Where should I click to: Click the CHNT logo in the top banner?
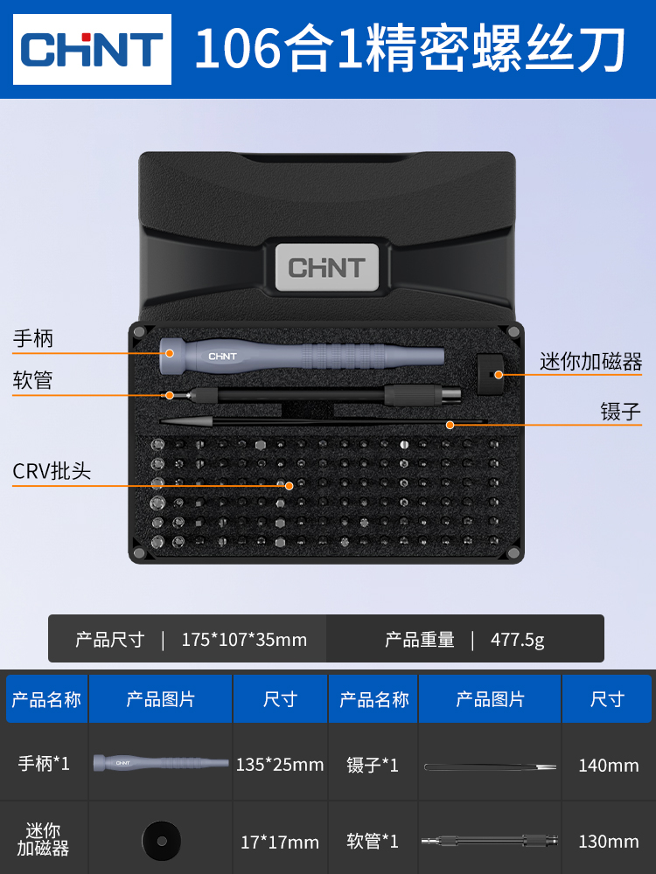(92, 50)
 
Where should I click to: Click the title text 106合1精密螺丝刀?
(409, 50)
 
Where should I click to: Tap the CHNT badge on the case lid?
(327, 267)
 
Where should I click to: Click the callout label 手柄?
(33, 338)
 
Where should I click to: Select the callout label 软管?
(33, 381)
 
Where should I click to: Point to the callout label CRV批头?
(52, 471)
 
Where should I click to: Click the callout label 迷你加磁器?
(590, 361)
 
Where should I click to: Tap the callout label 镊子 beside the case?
(620, 412)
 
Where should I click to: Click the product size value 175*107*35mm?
(244, 640)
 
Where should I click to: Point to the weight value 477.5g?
(517, 640)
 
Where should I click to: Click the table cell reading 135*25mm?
(280, 765)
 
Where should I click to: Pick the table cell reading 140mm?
(608, 766)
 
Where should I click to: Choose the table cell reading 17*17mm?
(280, 843)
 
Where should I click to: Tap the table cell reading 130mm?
(608, 843)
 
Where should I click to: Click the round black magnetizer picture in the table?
(162, 840)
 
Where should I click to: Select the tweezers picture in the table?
(490, 767)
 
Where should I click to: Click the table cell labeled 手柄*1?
(44, 764)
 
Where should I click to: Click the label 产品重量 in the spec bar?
(420, 640)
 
